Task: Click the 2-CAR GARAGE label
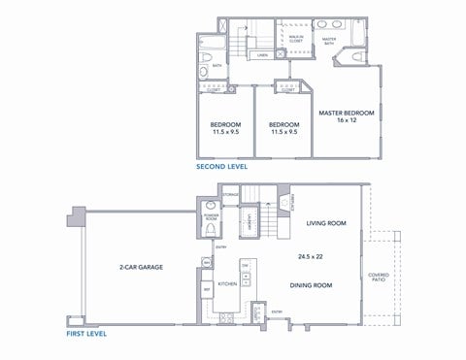point(141,266)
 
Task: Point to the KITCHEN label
point(227,284)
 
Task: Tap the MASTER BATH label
point(329,40)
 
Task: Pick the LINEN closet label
point(262,56)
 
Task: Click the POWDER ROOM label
point(211,218)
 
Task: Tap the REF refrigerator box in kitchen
point(207,288)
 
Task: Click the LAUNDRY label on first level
point(251,222)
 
